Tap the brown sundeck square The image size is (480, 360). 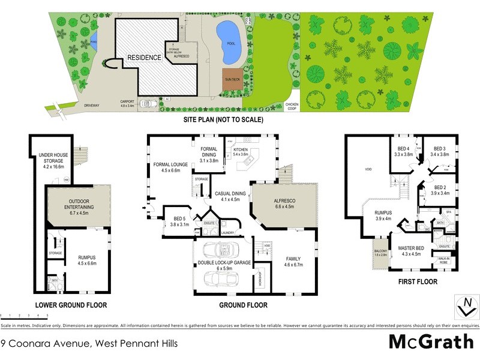[231, 83]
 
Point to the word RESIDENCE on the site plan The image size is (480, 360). [143, 58]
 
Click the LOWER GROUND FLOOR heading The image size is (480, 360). [71, 305]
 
